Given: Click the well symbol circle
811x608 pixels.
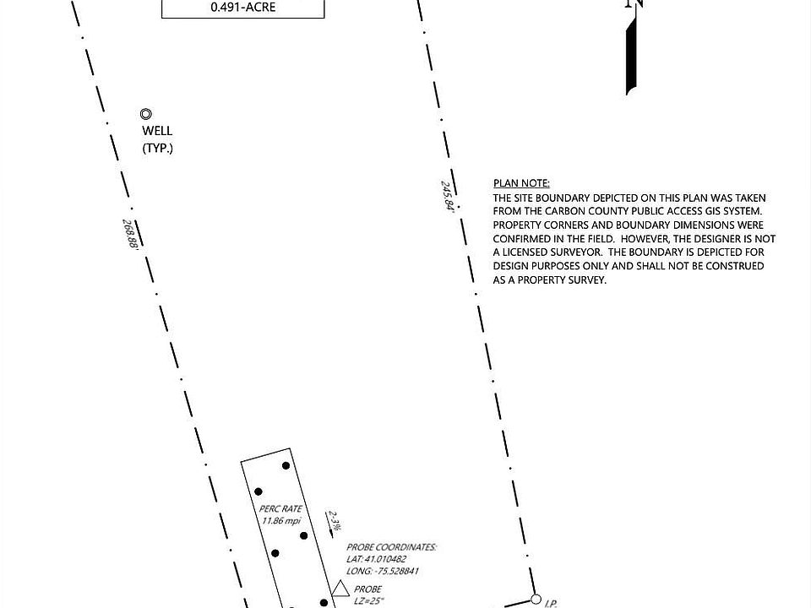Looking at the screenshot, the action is [146, 114].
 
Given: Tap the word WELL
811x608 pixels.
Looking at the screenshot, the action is [157, 131].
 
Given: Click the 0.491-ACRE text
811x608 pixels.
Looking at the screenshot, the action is [242, 8].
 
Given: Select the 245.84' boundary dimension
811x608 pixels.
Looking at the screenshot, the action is [447, 195].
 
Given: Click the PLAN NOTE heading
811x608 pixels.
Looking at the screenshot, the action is [521, 183].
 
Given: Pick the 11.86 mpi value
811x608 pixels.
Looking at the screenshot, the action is [281, 520].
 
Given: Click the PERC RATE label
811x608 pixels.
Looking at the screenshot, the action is [281, 509].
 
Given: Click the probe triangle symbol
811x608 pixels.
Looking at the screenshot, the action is [340, 589].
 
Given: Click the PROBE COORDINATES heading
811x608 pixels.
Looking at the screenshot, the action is [395, 547].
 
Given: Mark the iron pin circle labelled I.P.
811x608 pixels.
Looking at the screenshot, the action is [536, 600].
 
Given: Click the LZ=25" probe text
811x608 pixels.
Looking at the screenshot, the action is [368, 600].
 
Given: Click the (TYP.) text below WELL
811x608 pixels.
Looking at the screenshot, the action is [157, 149].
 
